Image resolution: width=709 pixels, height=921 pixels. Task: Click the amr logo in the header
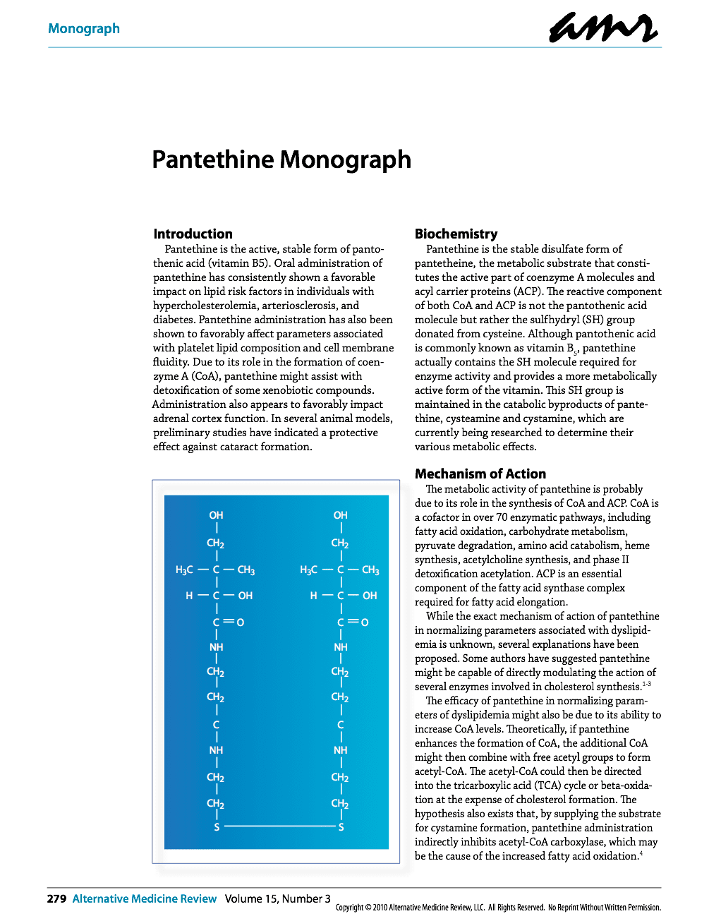pos(603,29)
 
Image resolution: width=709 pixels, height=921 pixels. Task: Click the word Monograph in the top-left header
pos(84,29)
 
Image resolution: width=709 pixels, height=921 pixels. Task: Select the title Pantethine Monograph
pos(281,159)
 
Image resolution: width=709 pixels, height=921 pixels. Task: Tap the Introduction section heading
pos(193,234)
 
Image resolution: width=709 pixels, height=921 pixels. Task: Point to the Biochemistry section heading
pos(456,234)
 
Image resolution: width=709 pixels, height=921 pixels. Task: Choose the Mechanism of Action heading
pos(480,474)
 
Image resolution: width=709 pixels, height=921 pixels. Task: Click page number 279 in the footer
pos(56,898)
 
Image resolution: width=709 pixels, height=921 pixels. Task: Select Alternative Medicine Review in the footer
pos(145,898)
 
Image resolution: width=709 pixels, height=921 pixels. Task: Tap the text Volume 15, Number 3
pos(277,898)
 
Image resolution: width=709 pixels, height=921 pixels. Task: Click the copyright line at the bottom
pos(498,908)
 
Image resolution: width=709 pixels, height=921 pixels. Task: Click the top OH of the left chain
pos(216,515)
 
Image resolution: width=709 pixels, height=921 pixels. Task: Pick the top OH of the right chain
pos(341,515)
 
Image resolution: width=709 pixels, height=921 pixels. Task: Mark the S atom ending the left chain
pos(217,826)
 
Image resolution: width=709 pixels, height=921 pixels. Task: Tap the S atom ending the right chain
pos(341,826)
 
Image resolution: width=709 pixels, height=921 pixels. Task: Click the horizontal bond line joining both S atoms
pos(279,826)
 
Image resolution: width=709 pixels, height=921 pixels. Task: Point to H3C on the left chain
pos(184,570)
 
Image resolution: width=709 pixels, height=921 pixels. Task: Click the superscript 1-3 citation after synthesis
pos(646,684)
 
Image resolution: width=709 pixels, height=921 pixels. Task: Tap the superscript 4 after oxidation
pos(641,854)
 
